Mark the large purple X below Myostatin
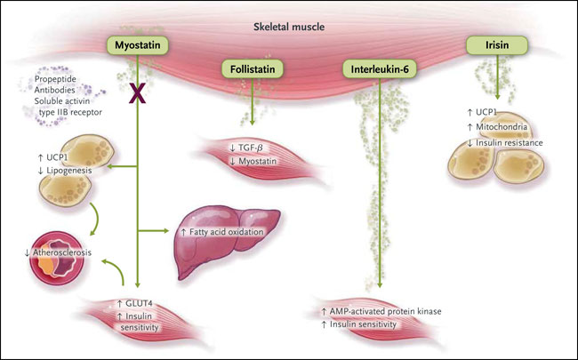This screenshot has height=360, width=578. click(x=137, y=96)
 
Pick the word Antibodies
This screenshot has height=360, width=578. click(x=50, y=92)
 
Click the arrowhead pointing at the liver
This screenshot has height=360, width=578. click(x=168, y=232)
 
